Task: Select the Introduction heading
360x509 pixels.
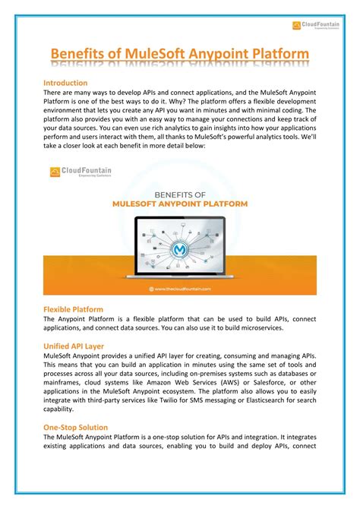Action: point(65,82)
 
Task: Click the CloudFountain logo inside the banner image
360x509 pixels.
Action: point(76,172)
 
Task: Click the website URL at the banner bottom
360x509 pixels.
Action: point(179,289)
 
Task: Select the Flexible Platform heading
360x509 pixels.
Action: point(73,309)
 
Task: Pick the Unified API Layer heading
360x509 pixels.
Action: point(75,345)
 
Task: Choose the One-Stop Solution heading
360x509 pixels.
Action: point(75,428)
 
